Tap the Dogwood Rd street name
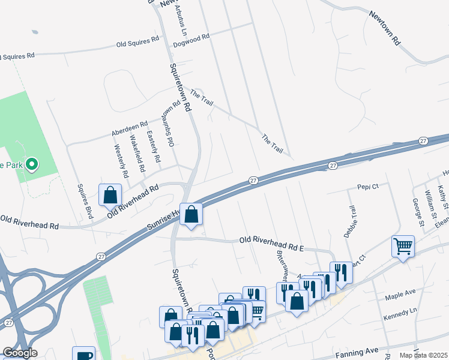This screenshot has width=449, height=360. click(x=190, y=37)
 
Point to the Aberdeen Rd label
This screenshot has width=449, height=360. click(x=129, y=128)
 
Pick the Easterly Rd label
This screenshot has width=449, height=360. click(x=154, y=148)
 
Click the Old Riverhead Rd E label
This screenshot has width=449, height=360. click(x=272, y=239)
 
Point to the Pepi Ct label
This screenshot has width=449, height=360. click(x=368, y=187)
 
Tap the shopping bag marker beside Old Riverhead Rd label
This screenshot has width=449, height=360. click(x=110, y=195)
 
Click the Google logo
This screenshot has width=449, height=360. click(x=19, y=353)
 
